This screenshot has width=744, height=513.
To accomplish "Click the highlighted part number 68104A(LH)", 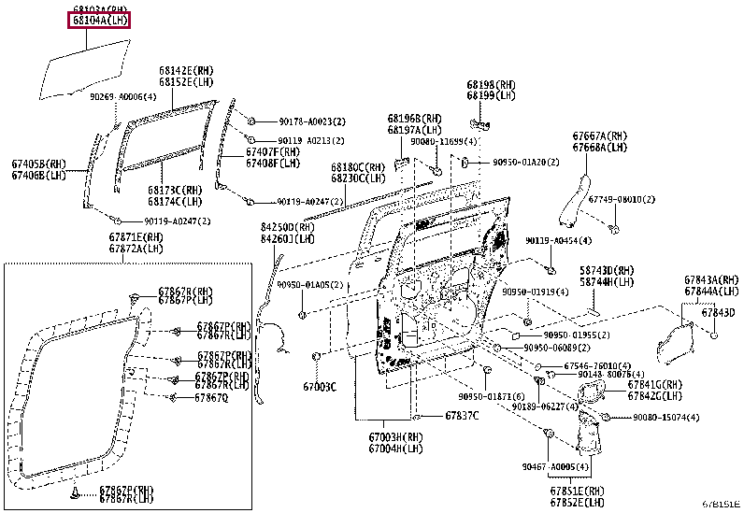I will point(97,21).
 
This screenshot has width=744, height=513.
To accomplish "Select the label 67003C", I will point(320,386).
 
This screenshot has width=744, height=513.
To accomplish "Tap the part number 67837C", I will point(461,415).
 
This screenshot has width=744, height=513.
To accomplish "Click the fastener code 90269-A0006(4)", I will point(122,96).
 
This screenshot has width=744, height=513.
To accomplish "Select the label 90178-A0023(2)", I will point(311,121).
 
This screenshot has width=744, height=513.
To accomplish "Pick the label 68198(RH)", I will point(491,84).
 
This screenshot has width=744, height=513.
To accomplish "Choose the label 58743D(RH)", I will point(607,270).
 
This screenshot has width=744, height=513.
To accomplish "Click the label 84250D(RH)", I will point(288,227).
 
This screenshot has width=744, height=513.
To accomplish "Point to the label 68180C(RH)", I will point(357,167).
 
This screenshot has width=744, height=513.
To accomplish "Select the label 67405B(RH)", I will point(38,164).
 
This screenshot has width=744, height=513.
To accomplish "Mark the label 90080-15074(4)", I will point(665,418).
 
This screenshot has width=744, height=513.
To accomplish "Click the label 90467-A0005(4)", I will point(555,466).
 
